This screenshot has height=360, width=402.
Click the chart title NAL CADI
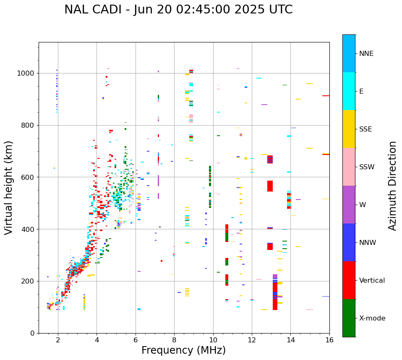tap(178, 10)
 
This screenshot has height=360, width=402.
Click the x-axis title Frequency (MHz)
tap(183, 350)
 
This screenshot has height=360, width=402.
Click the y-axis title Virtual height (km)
tap(9, 188)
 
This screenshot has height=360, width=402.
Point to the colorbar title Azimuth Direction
tap(392, 186)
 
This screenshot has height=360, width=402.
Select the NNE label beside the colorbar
tap(366, 54)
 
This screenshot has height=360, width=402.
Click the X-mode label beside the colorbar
tap(372, 318)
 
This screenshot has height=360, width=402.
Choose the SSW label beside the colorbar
tap(367, 167)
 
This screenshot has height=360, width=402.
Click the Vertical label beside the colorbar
tap(372, 281)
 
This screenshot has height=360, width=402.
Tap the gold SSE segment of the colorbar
tap(349, 129)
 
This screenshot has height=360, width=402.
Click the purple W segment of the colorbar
tap(349, 205)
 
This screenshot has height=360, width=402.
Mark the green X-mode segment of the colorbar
tap(349, 318)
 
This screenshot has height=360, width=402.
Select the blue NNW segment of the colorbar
tap(349, 242)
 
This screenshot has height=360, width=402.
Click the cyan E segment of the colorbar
tap(349, 91)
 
